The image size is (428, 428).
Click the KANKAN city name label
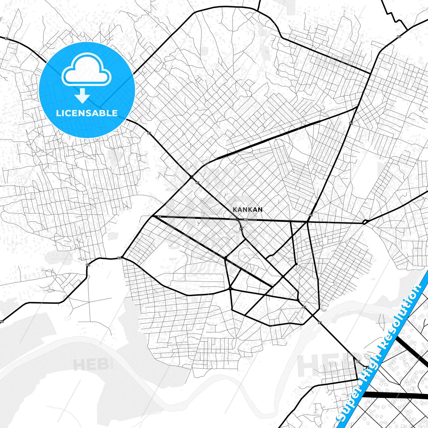248,209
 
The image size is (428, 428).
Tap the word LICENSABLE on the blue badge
87,113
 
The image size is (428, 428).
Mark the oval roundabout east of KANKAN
365,222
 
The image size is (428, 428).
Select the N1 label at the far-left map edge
7,39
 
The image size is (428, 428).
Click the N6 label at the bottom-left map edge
2,321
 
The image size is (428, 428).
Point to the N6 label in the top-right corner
399,37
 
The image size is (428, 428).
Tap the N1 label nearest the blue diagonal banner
358,361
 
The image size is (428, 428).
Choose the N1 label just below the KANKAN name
241,228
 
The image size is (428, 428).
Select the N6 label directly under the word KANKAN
246,220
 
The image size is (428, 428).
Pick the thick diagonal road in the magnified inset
412,350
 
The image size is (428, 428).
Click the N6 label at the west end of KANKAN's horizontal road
159,217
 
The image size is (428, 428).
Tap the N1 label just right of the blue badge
149,133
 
